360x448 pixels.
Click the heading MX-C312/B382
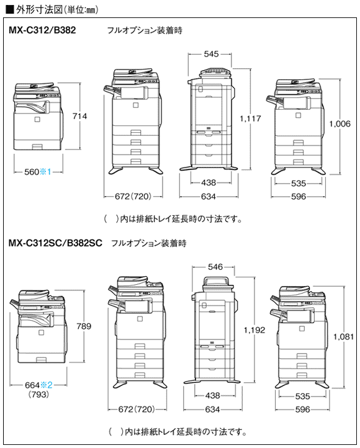tap(42, 30)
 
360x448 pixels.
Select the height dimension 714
tap(79, 116)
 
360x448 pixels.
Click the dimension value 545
tap(210, 55)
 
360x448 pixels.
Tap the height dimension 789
tap(83, 326)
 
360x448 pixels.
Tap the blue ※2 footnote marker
tap(47, 385)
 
